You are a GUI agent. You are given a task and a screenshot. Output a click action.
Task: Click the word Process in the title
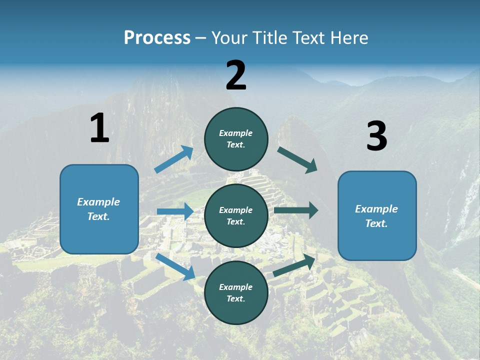click(157, 37)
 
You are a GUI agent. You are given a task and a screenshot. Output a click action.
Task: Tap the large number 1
click(99, 128)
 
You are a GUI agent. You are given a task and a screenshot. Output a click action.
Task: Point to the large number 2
click(236, 75)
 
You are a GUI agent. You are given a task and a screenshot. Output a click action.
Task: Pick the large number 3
click(376, 136)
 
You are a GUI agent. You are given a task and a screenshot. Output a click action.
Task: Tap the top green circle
click(236, 138)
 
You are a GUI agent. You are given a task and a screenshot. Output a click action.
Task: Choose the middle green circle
click(236, 215)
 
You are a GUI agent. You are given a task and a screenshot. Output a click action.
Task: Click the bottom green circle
click(236, 292)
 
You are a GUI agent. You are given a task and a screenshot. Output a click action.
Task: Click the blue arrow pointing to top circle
click(174, 159)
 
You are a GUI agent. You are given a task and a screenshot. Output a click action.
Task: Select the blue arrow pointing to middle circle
click(175, 211)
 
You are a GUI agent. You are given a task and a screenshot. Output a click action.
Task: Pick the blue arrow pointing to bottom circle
click(175, 266)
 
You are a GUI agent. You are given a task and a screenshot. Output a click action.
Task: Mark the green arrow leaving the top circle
click(297, 159)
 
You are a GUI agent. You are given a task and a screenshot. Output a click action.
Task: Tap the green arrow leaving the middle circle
click(296, 210)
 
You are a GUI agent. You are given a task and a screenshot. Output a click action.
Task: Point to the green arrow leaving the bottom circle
click(294, 265)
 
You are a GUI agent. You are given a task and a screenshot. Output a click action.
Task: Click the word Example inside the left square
click(98, 202)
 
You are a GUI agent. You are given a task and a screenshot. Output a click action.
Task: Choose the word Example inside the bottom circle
click(235, 287)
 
